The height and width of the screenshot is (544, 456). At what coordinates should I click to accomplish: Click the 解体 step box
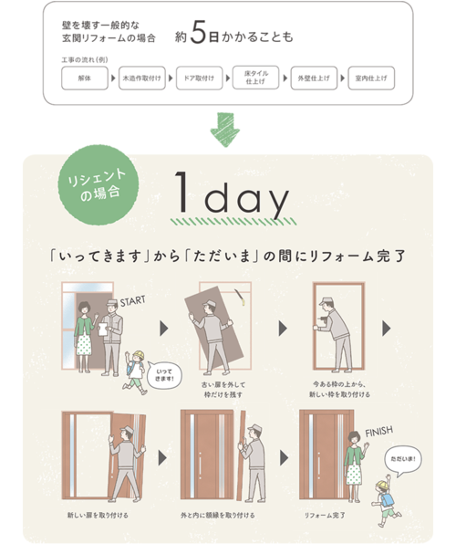click(85, 79)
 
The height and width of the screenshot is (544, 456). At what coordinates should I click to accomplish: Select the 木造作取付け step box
click(141, 79)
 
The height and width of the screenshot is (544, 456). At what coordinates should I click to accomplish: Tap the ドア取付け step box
click(198, 79)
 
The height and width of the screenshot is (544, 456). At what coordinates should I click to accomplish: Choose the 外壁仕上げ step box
click(312, 79)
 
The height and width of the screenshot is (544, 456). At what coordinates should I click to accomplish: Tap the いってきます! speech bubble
click(166, 373)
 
